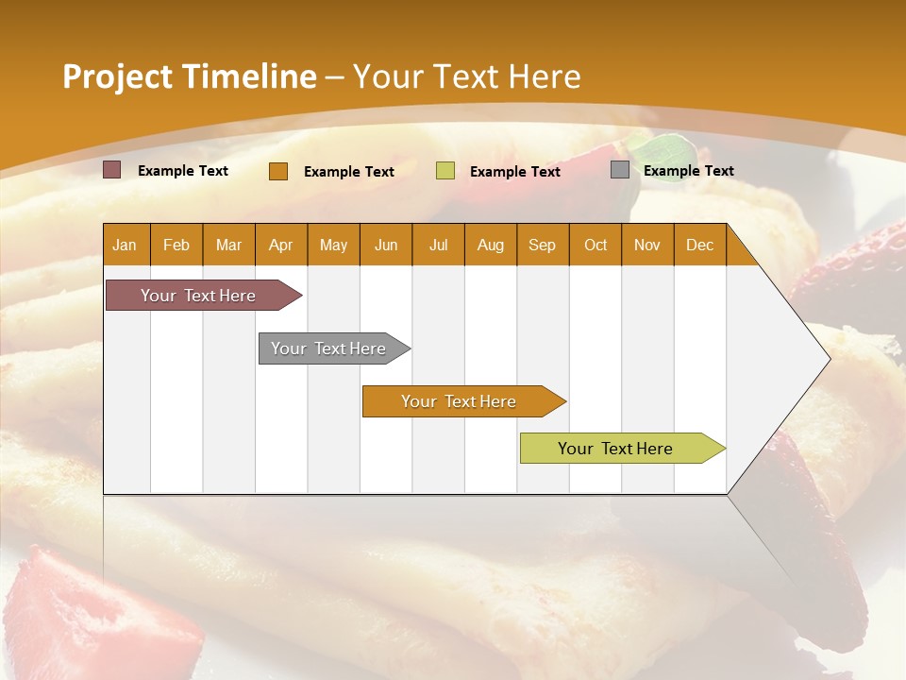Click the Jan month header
click(x=125, y=245)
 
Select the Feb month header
click(x=176, y=245)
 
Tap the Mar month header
click(x=228, y=245)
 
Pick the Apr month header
click(x=281, y=245)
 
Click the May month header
click(x=333, y=245)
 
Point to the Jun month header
click(x=386, y=245)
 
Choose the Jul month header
click(x=438, y=245)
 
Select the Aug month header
click(x=491, y=245)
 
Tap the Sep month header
click(x=543, y=245)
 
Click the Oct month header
click(x=596, y=245)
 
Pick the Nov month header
click(x=647, y=245)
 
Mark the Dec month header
click(x=699, y=245)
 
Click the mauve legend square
click(x=112, y=170)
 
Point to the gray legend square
click(x=620, y=170)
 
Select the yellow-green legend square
click(x=445, y=171)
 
